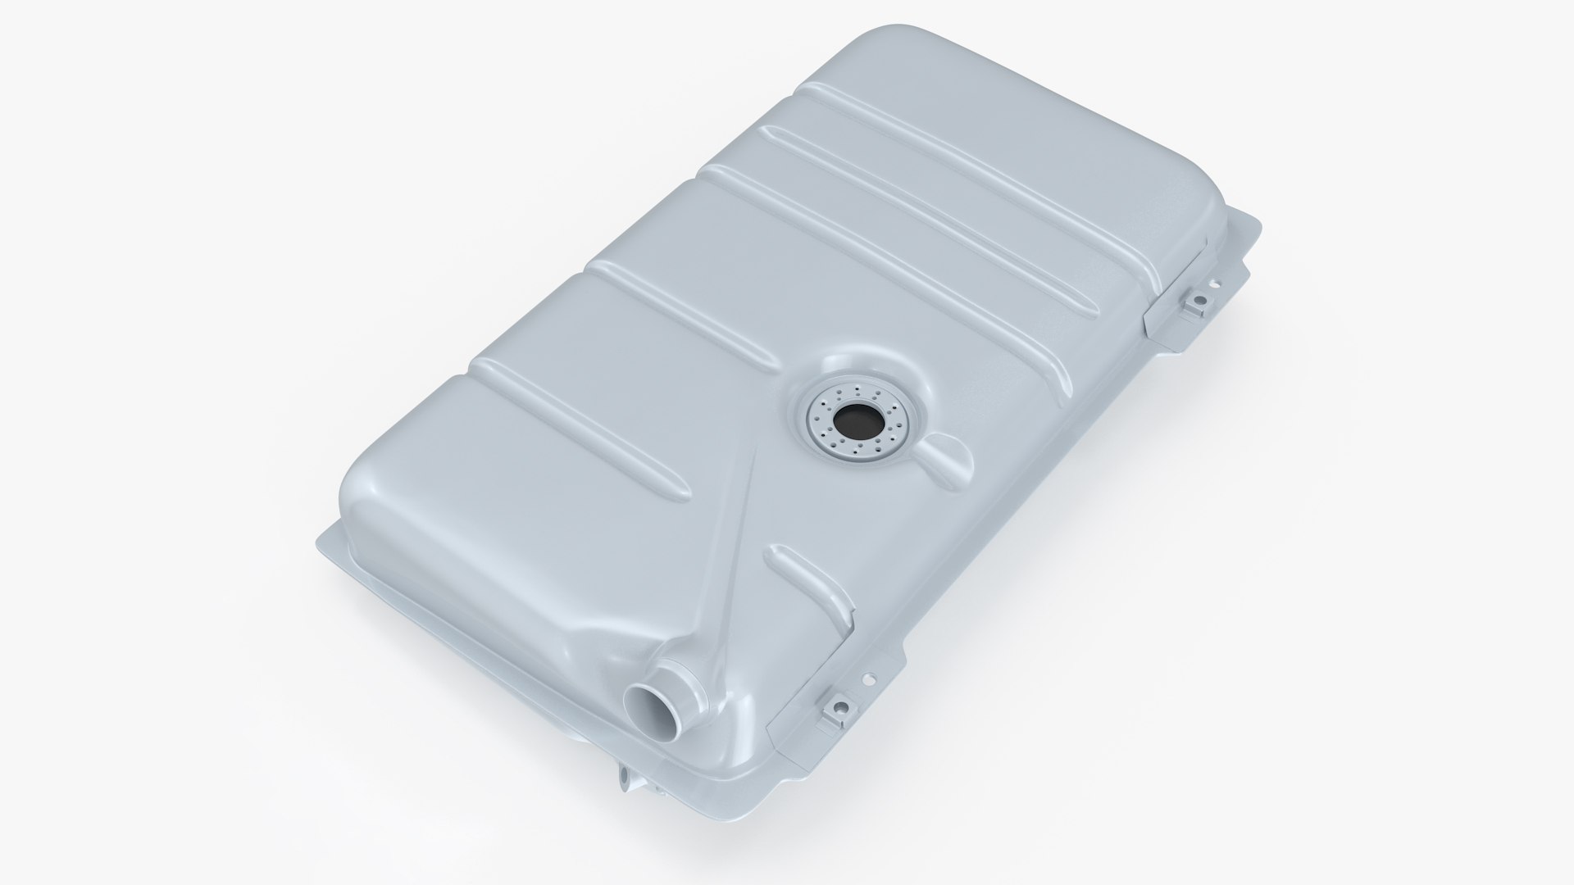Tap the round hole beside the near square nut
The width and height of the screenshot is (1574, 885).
(x=864, y=679)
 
